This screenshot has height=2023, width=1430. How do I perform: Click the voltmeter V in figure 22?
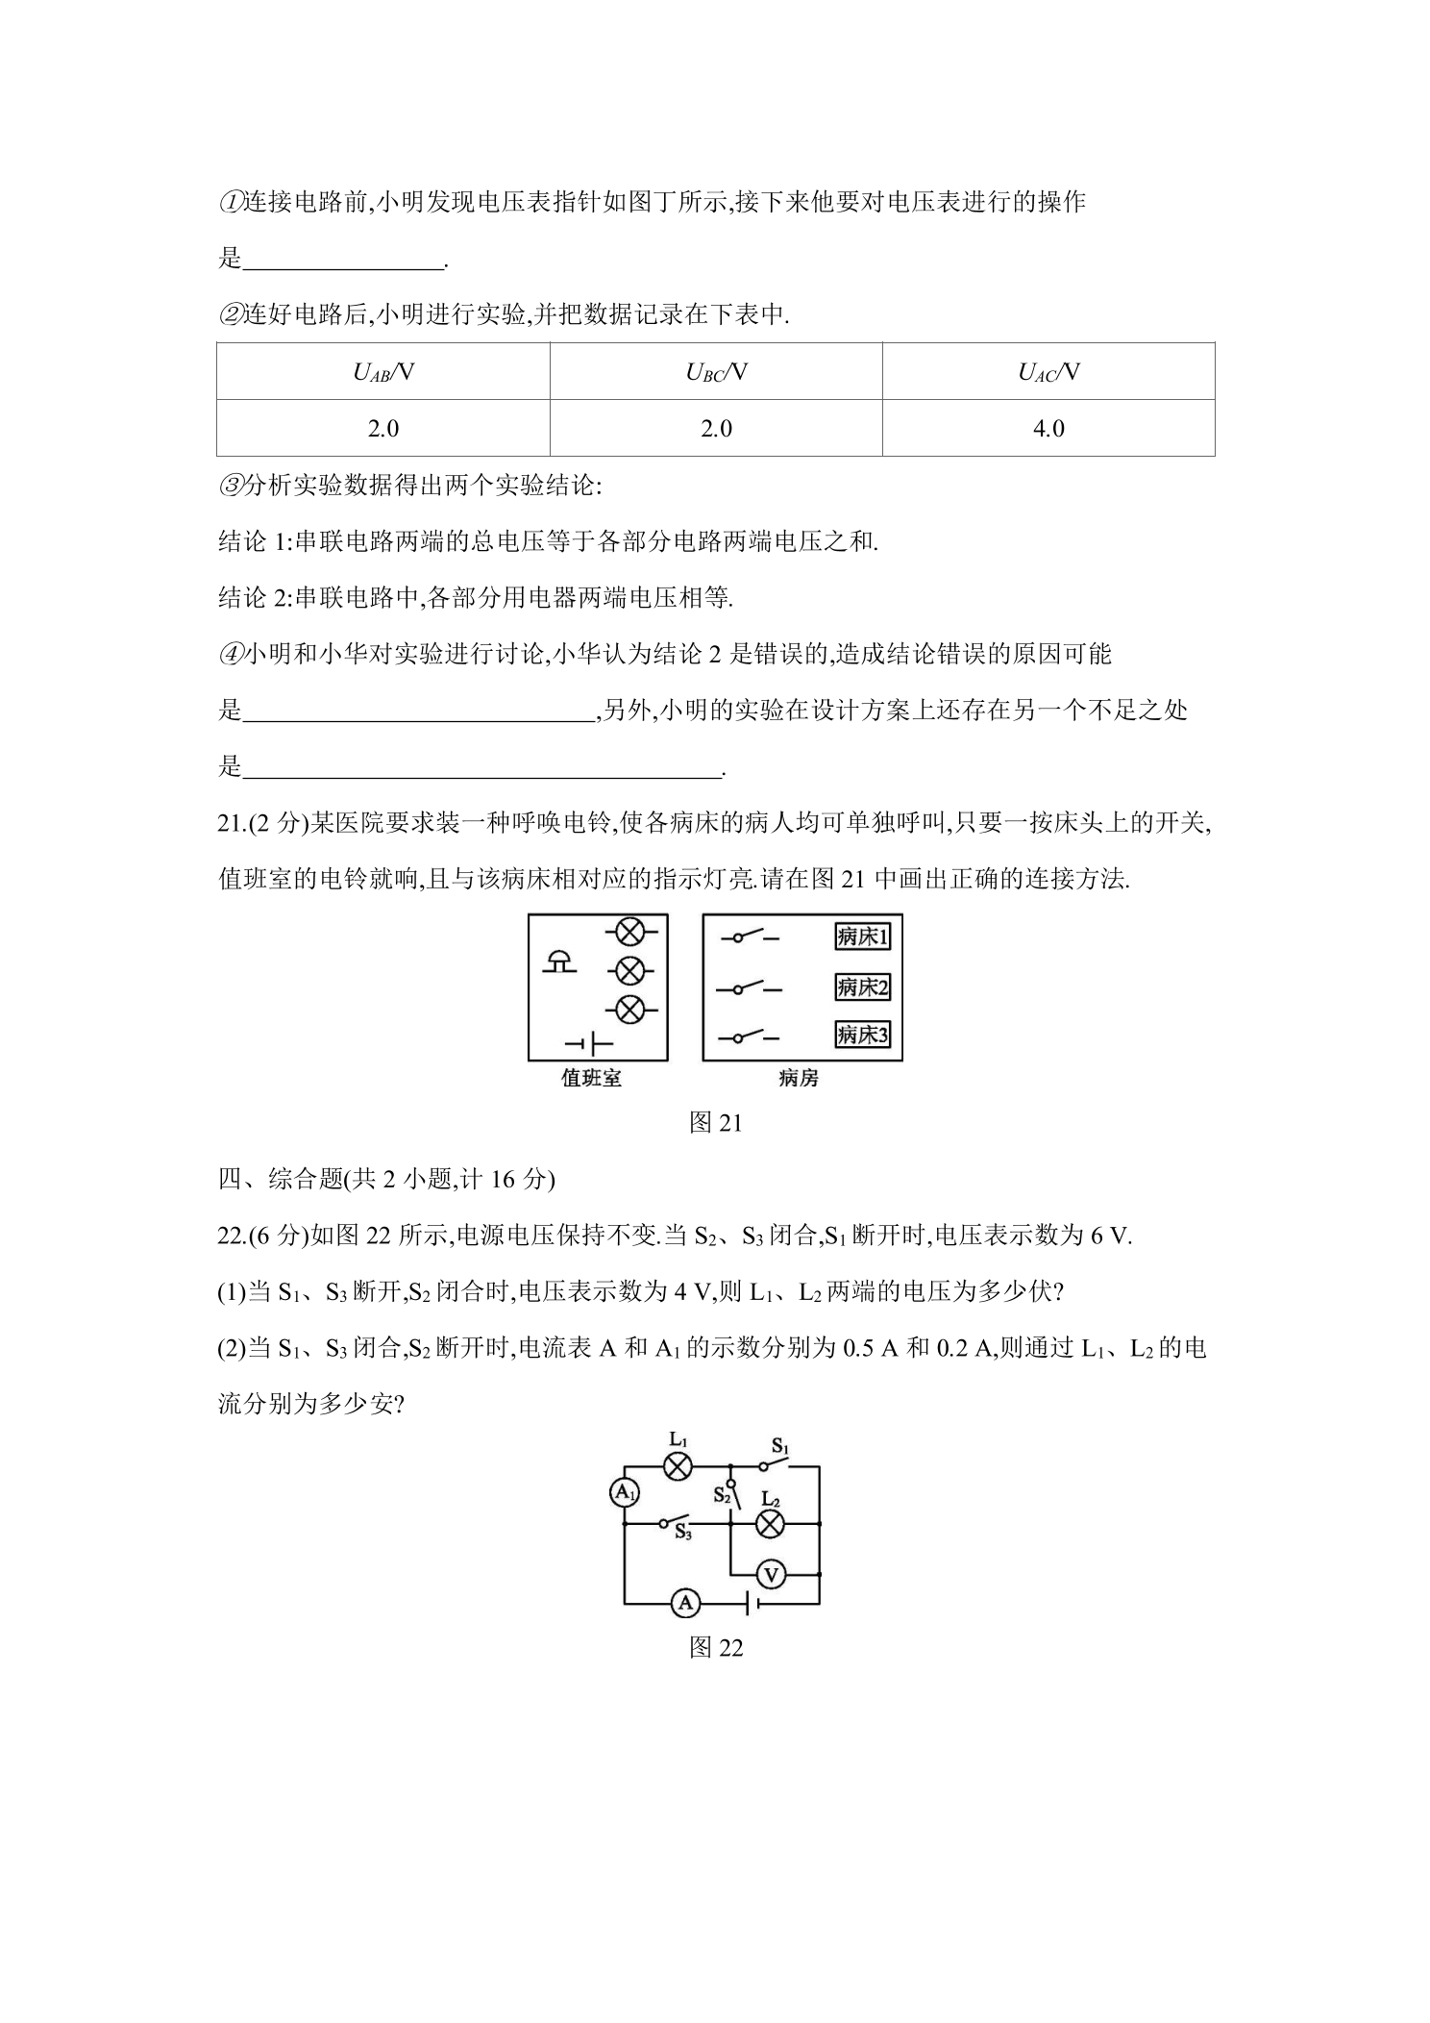(771, 1574)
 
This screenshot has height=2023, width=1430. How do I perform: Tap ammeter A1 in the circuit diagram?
(625, 1491)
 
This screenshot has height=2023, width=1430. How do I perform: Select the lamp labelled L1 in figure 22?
(678, 1466)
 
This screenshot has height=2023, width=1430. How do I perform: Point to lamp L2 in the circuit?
(770, 1523)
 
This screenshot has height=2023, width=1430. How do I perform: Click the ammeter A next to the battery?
(685, 1603)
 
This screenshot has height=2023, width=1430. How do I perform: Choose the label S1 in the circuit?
(780, 1446)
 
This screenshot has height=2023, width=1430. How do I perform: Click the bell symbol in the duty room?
(560, 962)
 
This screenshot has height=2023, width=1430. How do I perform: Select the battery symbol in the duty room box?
(589, 1043)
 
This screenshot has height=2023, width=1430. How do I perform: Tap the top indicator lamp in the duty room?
(629, 931)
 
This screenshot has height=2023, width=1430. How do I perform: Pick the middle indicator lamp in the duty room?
(629, 971)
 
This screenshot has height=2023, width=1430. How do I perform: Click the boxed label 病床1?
(862, 937)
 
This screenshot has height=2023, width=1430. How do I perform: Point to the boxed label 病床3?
(862, 1035)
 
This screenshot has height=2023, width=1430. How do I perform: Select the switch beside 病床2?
(750, 987)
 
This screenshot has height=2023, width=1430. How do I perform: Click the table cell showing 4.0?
(1048, 428)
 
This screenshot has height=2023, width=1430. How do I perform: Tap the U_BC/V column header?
(716, 372)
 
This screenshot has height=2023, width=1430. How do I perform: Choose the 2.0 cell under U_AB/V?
(383, 428)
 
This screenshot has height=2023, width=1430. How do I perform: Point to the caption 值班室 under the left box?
(591, 1079)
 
